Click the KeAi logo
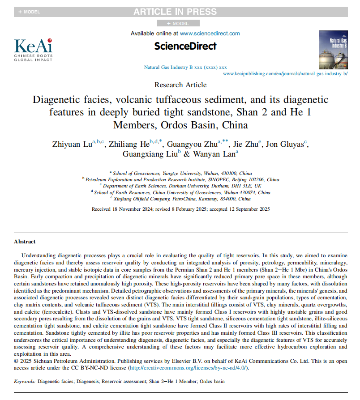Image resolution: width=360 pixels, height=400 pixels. pos(33,49)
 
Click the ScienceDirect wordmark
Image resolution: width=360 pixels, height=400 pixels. pos(185,46)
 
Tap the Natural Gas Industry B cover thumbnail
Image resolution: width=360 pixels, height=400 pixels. pos(333,50)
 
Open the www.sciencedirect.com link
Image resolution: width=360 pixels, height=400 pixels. pos(210,33)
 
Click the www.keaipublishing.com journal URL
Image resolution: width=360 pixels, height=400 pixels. pos(285,73)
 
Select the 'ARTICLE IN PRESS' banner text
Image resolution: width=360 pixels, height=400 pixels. pos(175,12)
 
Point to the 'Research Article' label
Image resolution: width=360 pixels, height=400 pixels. pos(180,85)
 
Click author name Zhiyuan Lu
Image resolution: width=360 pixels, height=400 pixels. pos(71,144)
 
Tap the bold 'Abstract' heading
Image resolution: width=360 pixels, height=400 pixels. pos(25,242)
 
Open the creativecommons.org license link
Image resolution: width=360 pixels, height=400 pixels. pos(188,368)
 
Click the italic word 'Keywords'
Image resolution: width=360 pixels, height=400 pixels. pos(24,382)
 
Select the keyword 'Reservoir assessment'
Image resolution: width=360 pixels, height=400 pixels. pos(124,382)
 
